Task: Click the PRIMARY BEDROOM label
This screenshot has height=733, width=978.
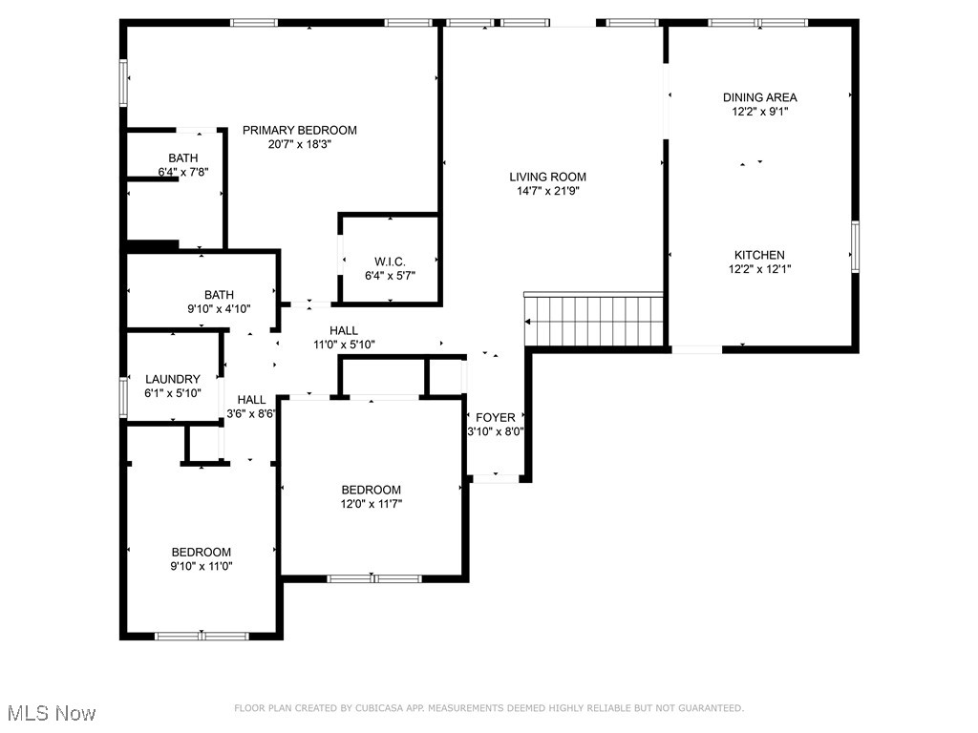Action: pyautogui.click(x=299, y=130)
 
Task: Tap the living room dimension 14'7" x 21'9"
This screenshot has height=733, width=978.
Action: pyautogui.click(x=547, y=191)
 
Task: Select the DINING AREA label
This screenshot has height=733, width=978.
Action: pyautogui.click(x=759, y=97)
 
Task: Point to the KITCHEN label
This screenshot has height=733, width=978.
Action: pyautogui.click(x=759, y=255)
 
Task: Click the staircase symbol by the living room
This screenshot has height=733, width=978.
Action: pyautogui.click(x=593, y=321)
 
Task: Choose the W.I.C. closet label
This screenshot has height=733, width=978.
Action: pyautogui.click(x=390, y=262)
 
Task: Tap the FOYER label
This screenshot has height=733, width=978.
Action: pyautogui.click(x=495, y=417)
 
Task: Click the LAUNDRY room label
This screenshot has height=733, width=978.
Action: pyautogui.click(x=172, y=379)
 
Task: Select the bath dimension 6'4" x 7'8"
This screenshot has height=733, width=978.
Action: pyautogui.click(x=183, y=173)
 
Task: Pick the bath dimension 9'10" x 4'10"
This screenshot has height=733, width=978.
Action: pyautogui.click(x=218, y=309)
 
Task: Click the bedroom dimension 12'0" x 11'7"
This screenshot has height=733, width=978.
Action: pyautogui.click(x=372, y=504)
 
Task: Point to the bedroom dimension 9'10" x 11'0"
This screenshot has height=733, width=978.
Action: pyautogui.click(x=201, y=566)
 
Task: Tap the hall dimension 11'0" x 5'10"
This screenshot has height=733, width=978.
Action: pyautogui.click(x=344, y=345)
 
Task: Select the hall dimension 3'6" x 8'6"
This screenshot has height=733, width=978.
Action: pyautogui.click(x=251, y=414)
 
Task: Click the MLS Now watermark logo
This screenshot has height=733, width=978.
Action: pyautogui.click(x=52, y=713)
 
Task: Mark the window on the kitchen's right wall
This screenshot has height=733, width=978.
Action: pyautogui.click(x=855, y=246)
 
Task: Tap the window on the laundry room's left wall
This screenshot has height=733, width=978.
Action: pyautogui.click(x=123, y=397)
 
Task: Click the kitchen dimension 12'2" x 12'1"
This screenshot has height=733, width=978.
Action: pyautogui.click(x=759, y=269)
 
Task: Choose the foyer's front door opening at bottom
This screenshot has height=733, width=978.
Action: pyautogui.click(x=495, y=477)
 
